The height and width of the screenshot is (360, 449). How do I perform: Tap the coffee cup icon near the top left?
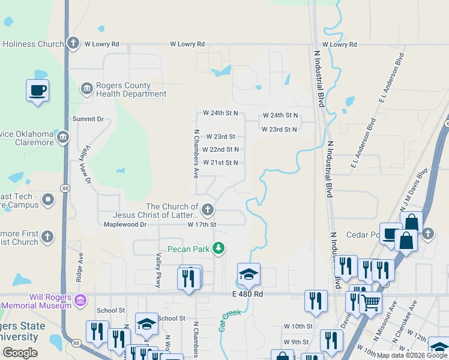pyautogui.click(x=37, y=91)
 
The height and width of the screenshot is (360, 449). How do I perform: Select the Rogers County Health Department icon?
pyautogui.click(x=86, y=89)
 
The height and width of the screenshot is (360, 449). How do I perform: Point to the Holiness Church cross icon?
pyautogui.click(x=73, y=43)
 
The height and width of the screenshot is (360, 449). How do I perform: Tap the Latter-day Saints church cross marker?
pyautogui.click(x=208, y=209)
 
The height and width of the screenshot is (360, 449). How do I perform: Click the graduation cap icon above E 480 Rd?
pyautogui.click(x=249, y=274)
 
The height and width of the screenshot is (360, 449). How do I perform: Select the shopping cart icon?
pyautogui.click(x=370, y=303)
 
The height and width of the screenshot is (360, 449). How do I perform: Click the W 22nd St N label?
pyautogui.click(x=220, y=149)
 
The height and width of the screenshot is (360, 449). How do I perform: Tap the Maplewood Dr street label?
pyautogui.click(x=125, y=224)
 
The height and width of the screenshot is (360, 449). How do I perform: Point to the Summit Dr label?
pyautogui.click(x=88, y=119)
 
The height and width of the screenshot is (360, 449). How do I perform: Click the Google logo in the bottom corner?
pyautogui.click(x=20, y=353)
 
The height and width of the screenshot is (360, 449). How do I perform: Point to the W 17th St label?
pyautogui.click(x=201, y=224)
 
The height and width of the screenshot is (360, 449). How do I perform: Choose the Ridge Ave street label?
pyautogui.click(x=79, y=266)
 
